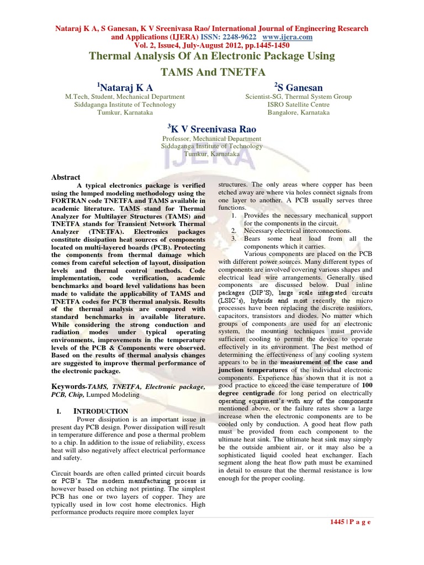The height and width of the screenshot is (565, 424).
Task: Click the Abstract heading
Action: pos(66,177)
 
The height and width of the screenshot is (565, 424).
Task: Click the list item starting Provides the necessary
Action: pos(308,215)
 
